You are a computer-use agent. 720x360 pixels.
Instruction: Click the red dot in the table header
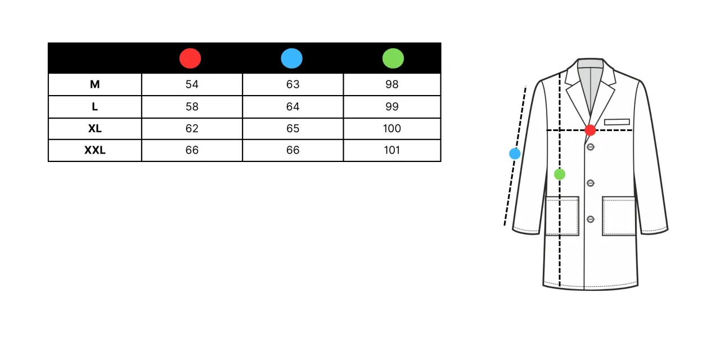point(190,58)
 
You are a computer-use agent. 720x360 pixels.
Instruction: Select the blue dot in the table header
point(291,58)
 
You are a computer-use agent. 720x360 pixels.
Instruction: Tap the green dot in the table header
point(393,58)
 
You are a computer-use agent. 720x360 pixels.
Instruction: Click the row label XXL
point(95,150)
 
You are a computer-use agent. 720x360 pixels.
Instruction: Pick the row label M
point(95,84)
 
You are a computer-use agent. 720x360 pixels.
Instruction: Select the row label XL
point(95,129)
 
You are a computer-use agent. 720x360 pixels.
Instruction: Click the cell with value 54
point(192,84)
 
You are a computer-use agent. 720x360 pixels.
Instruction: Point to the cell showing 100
point(392,129)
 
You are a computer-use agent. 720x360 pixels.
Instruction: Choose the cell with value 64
point(293,106)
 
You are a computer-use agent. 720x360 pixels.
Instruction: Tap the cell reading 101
point(392,150)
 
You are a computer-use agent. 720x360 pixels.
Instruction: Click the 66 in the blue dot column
point(293,150)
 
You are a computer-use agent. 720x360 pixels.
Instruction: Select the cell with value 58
point(192,106)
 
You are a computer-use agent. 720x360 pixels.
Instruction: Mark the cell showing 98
point(392,84)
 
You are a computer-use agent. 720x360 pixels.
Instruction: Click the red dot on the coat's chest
point(590,130)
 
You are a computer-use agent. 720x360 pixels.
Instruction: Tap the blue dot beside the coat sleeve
point(515,154)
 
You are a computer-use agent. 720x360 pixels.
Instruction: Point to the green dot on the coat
point(560,174)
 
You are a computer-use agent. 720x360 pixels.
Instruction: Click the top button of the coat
point(591,147)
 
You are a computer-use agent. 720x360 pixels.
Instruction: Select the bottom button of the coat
point(591,219)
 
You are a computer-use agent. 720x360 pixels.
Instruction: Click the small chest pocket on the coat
point(617,122)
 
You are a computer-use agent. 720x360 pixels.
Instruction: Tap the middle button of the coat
point(591,183)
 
